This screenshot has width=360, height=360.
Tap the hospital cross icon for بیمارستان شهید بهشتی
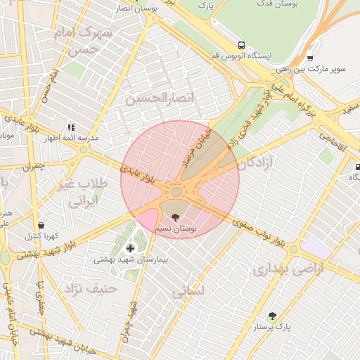pyautogui.click(x=130, y=247)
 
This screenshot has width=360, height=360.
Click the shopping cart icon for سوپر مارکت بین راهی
pyautogui.click(x=310, y=58)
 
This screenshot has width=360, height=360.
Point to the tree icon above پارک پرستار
pyautogui.click(x=272, y=316)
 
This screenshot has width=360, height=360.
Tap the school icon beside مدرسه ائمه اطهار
pyautogui.click(x=70, y=127)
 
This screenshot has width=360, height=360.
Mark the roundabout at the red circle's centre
pyautogui.click(x=176, y=191)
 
